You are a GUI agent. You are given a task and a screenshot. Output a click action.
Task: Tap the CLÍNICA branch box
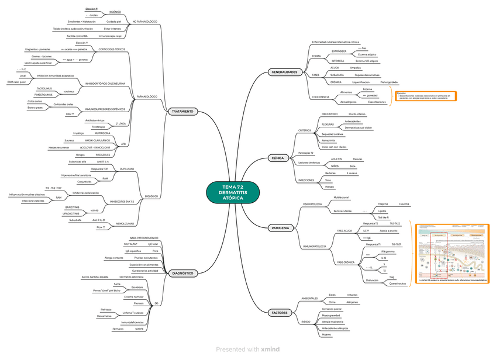click(278, 158)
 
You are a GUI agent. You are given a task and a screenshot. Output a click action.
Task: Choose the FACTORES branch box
click(280, 313)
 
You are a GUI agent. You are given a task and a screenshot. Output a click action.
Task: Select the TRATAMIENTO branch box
click(182, 111)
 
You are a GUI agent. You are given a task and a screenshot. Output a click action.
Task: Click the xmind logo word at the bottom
click(270, 349)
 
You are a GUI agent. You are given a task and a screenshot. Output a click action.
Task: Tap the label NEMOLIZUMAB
click(126, 223)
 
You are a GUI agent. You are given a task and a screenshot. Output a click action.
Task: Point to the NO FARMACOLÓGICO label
click(145, 22)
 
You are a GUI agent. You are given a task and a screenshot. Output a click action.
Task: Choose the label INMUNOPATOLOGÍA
click(314, 247)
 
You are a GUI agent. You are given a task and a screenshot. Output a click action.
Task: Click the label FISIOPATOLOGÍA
click(312, 203)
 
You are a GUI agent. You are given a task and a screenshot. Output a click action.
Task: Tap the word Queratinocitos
click(398, 283)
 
